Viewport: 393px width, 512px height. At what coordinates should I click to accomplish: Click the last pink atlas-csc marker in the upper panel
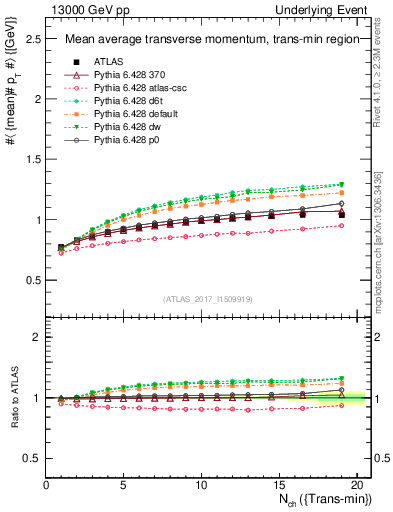[342, 225]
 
